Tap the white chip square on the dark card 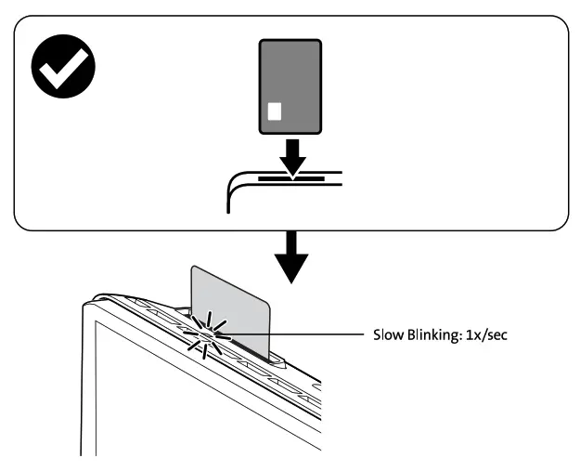[274, 112]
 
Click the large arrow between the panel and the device [292, 257]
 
